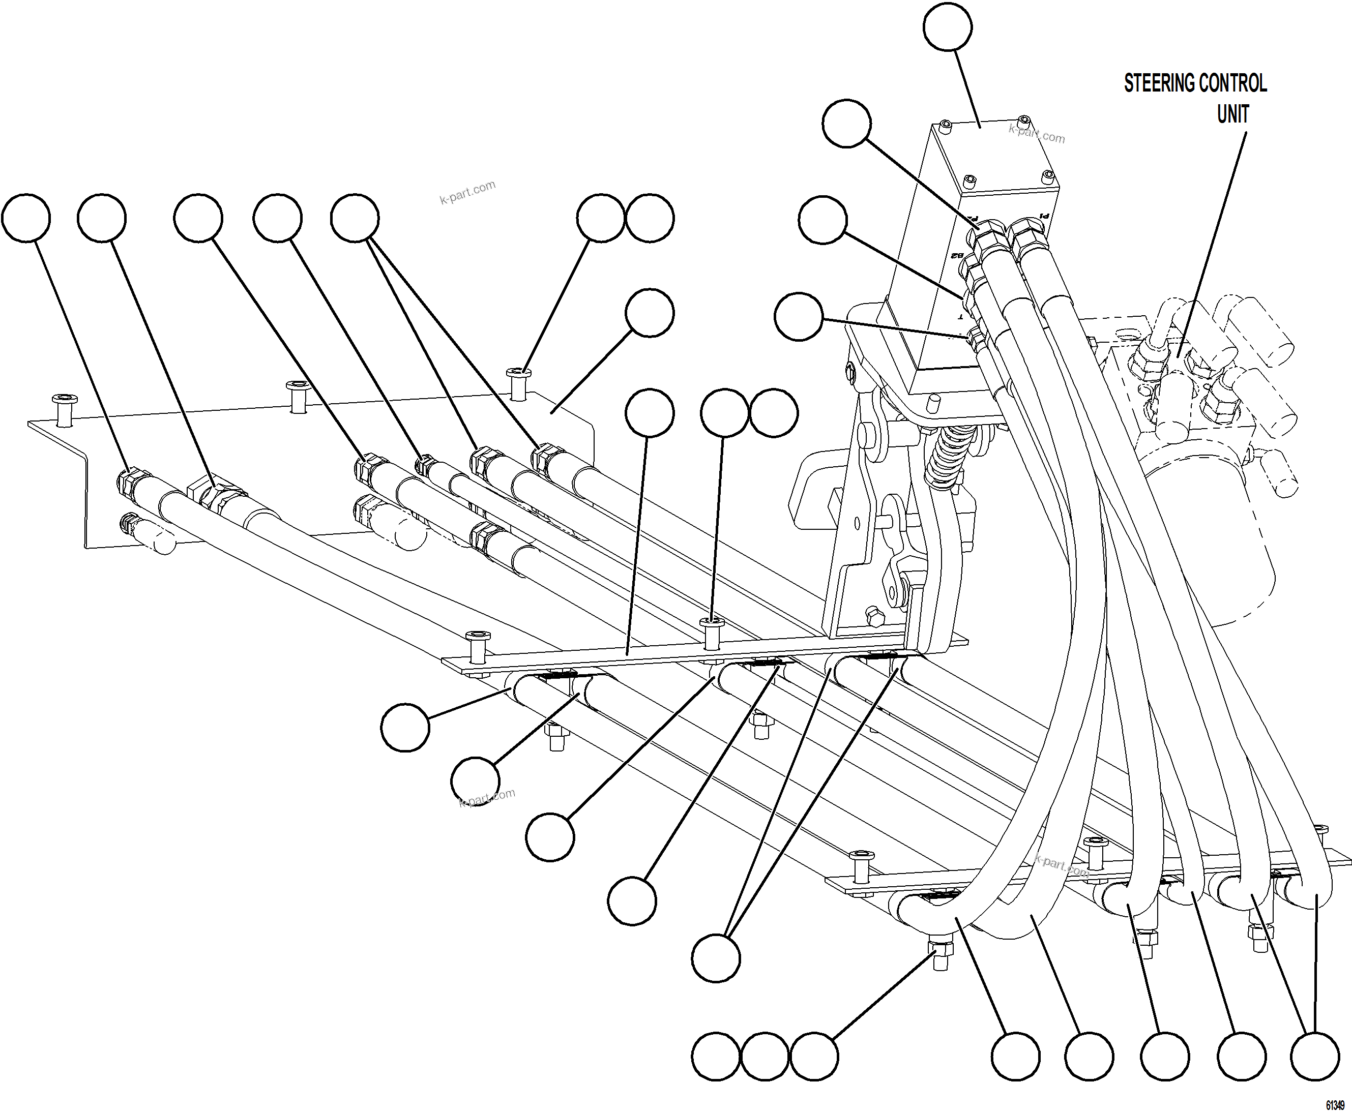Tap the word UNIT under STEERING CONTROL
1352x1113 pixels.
[1232, 114]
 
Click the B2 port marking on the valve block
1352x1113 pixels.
[958, 256]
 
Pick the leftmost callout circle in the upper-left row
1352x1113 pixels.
[25, 218]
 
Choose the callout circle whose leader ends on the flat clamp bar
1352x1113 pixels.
[649, 412]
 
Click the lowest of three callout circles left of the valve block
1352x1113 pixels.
[798, 316]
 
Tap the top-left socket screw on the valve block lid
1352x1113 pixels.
[944, 126]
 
